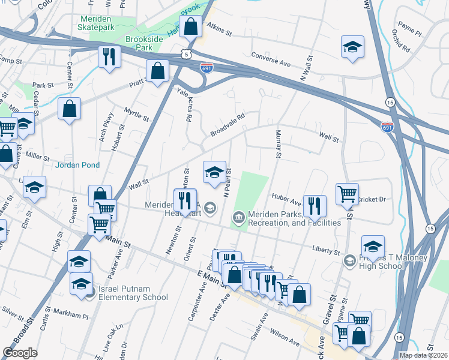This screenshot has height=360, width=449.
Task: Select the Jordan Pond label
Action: point(77,165)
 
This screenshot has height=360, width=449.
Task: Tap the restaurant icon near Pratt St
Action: point(109,57)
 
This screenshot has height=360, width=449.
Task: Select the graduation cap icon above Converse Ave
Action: point(353,47)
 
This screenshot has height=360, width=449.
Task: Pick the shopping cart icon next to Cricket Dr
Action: point(347,194)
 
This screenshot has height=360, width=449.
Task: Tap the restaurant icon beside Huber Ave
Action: point(315,206)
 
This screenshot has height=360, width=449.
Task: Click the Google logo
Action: point(20,353)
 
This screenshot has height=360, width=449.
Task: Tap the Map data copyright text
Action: point(424,355)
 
